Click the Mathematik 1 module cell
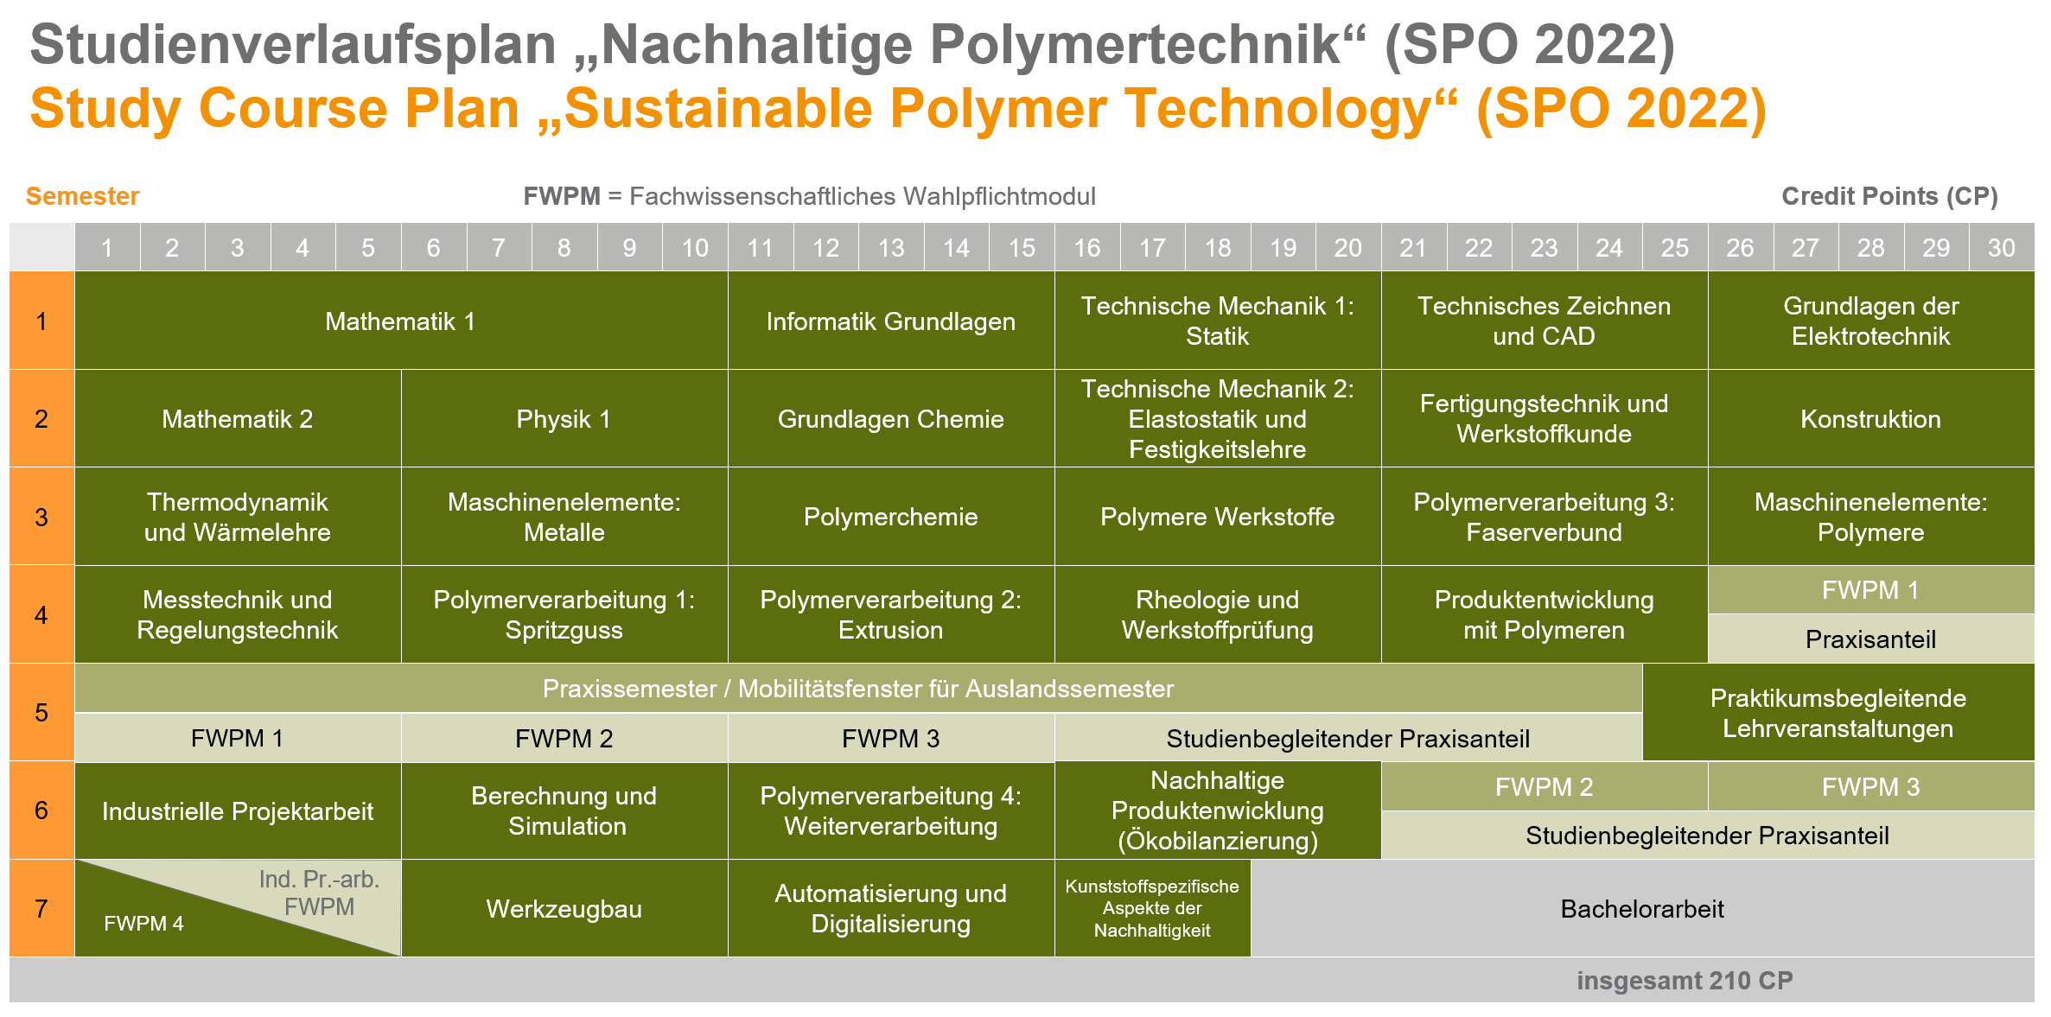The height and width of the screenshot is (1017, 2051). (401, 321)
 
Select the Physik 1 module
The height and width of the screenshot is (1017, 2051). (564, 419)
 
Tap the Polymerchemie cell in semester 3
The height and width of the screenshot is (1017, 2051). (891, 517)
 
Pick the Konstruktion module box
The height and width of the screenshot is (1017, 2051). (1871, 419)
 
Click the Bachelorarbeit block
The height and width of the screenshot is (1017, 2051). (1642, 908)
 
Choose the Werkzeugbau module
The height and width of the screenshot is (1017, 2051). (564, 908)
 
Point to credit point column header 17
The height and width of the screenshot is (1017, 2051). (1153, 248)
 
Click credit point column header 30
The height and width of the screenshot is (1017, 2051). (2002, 248)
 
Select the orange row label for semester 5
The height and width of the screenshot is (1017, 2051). (41, 713)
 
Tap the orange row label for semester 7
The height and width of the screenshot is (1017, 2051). (41, 908)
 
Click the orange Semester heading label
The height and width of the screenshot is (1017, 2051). (82, 196)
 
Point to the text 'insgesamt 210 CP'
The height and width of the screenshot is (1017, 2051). (1685, 981)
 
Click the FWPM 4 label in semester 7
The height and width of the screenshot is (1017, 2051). (143, 924)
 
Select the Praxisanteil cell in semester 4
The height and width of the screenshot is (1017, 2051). (1871, 639)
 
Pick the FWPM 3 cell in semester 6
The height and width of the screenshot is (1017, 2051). (1871, 787)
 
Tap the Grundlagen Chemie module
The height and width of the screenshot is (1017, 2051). (891, 419)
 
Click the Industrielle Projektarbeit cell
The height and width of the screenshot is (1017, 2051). (239, 810)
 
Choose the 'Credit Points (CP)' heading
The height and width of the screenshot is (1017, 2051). (1890, 196)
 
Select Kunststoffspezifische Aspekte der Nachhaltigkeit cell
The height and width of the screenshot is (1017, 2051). (1153, 908)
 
